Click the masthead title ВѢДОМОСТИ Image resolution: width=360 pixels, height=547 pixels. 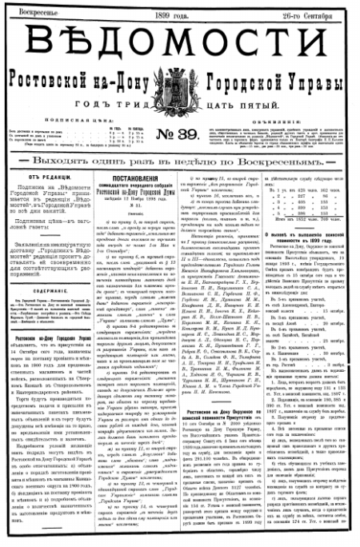coord(181,42)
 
